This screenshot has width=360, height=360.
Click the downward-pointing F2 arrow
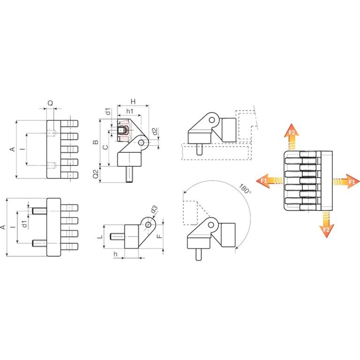pyautogui.click(x=326, y=225)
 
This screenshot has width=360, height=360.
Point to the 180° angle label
pyautogui.click(x=245, y=188)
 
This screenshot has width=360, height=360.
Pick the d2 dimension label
pyautogui.click(x=155, y=132)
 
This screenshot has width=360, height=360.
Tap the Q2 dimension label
pyautogui.click(x=96, y=174)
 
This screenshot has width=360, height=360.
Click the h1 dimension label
pyautogui.click(x=130, y=112)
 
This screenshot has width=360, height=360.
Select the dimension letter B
pyautogui.click(x=96, y=142)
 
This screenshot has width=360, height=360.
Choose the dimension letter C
pyautogui.click(x=105, y=147)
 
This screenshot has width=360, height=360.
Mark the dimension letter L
pyautogui.click(x=100, y=237)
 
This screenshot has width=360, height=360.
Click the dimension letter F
pyautogui.click(x=159, y=236)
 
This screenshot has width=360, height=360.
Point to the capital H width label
pyautogui.click(x=133, y=101)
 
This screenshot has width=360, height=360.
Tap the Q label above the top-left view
pyautogui.click(x=50, y=103)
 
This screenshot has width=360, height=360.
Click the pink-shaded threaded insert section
pyautogui.click(x=124, y=130)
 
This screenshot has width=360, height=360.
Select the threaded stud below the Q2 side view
pyautogui.click(x=130, y=174)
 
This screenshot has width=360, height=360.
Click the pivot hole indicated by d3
pyautogui.click(x=148, y=225)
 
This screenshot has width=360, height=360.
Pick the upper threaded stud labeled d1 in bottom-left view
pyautogui.click(x=39, y=211)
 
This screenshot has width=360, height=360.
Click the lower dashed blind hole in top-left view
pyautogui.click(x=52, y=165)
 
